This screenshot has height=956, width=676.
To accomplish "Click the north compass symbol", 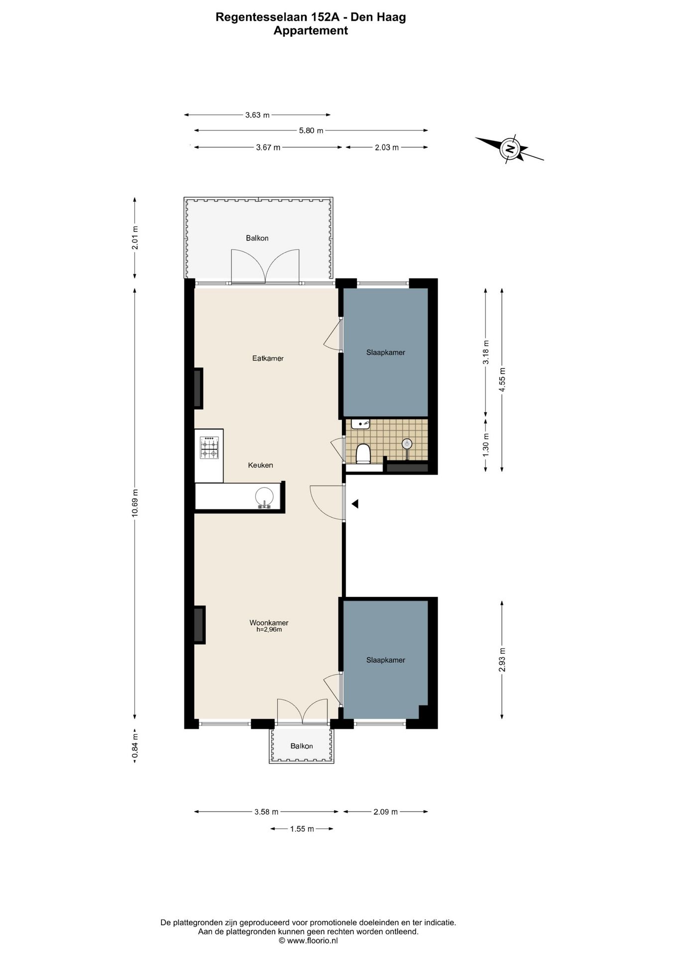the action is point(510,148).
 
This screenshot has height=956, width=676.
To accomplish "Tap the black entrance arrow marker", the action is point(355,504).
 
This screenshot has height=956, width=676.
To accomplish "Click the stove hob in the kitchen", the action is point(209,447).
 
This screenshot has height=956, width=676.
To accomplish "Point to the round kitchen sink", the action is point(264,496).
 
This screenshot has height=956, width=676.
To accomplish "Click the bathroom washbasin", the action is point(360,424).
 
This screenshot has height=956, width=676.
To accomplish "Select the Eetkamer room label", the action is point(268,358).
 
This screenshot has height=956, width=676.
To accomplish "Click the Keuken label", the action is point(261,465).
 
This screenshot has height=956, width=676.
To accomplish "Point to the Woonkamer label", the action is point(269,622).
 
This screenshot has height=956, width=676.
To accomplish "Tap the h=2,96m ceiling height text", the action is point(269,629).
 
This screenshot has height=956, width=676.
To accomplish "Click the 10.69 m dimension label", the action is point(134,503).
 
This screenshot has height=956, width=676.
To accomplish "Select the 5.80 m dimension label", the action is point(311,130).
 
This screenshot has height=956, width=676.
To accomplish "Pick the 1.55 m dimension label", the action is point(302,829).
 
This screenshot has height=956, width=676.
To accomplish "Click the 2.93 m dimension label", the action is point(502,659).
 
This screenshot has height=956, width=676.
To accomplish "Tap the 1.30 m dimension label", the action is point(486,443).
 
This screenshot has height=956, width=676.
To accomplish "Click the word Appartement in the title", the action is point(311,30).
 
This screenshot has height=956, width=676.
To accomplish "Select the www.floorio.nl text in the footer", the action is point(312,941).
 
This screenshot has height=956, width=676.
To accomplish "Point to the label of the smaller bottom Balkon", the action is point(302,746).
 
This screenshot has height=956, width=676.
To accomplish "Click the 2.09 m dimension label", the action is point(386,812).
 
